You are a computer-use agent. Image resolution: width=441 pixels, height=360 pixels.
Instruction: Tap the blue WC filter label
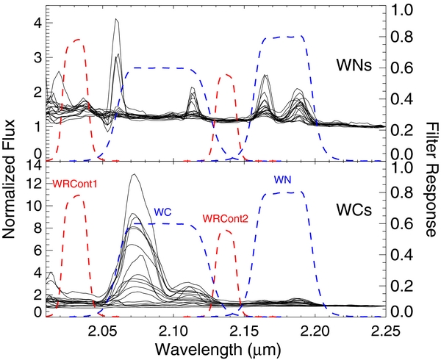(162, 212)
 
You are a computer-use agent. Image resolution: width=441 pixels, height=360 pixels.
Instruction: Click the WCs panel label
(357, 208)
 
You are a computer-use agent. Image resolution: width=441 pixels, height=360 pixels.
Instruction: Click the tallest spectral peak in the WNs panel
(116, 20)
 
